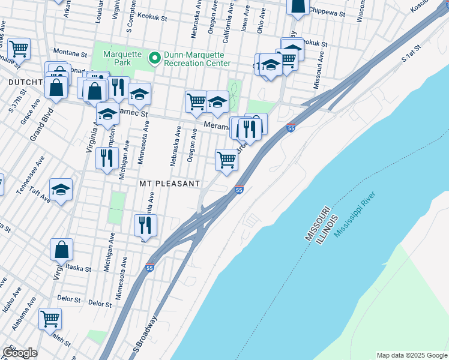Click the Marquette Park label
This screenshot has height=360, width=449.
(121, 58)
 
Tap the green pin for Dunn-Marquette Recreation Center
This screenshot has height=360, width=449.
(154, 58)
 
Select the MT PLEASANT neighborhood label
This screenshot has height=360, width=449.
(169, 183)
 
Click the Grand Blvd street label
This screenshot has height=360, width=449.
(41, 127)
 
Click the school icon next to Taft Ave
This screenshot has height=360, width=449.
(61, 190)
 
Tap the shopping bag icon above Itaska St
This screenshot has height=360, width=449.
(61, 249)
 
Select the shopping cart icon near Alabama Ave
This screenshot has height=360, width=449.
(50, 318)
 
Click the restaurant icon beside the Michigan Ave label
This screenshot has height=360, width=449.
(107, 158)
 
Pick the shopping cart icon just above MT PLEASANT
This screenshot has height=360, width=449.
(226, 160)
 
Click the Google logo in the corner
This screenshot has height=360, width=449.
(20, 353)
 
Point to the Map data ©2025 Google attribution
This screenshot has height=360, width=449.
(411, 355)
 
